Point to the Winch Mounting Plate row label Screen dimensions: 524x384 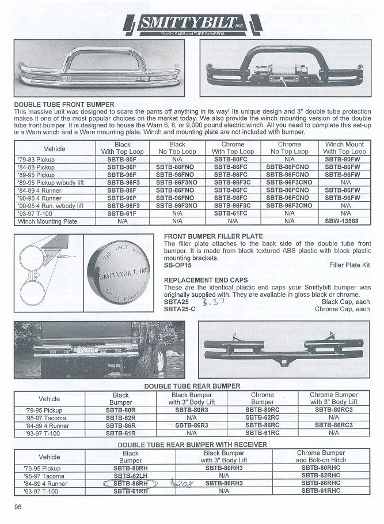pyautogui.click(x=47, y=221)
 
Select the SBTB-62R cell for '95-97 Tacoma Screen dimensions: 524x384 pyautogui.click(x=121, y=417)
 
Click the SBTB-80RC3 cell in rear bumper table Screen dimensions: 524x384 pyautogui.click(x=334, y=410)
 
